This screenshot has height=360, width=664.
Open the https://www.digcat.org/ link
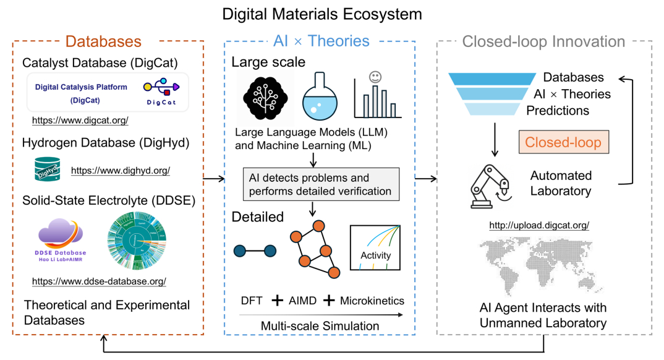(x=80, y=120)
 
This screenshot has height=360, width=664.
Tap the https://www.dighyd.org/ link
(x=120, y=170)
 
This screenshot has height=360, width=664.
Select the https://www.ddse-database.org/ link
(x=99, y=281)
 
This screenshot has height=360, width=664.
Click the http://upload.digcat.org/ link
(x=538, y=225)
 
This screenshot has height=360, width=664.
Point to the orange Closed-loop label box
(x=563, y=142)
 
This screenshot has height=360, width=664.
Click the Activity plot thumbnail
(x=375, y=247)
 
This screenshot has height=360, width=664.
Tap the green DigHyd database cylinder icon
(x=46, y=168)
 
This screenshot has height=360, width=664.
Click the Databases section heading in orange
(x=103, y=41)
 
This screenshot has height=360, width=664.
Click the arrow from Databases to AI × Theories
(x=213, y=179)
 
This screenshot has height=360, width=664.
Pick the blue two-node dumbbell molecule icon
(x=253, y=251)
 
